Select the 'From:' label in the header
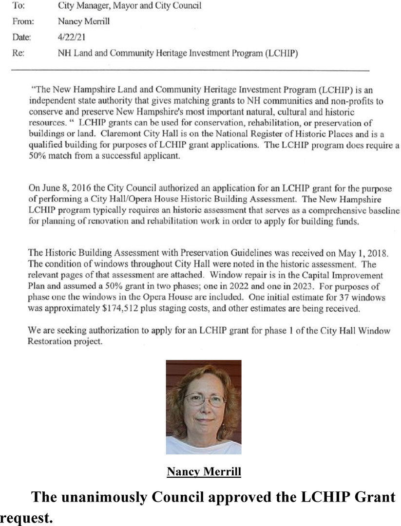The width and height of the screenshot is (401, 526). pyautogui.click(x=21, y=21)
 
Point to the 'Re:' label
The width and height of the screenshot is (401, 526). pyautogui.click(x=18, y=53)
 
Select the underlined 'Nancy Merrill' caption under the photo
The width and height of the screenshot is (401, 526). pyautogui.click(x=204, y=471)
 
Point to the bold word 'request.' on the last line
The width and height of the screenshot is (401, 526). pyautogui.click(x=27, y=518)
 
